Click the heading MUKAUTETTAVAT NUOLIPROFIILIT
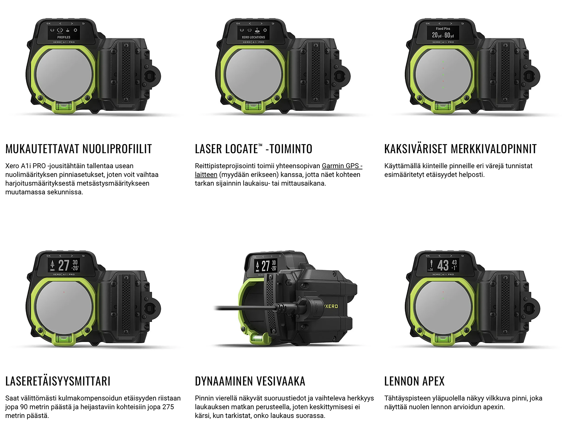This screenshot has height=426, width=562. tap(79, 149)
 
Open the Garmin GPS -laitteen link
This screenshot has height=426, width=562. tap(342, 166)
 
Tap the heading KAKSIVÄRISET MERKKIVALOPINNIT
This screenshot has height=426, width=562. tap(460, 149)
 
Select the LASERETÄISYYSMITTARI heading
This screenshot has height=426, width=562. tap(58, 381)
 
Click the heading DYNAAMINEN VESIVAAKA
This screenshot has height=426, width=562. tap(250, 381)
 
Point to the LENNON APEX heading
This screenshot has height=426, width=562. tap(414, 381)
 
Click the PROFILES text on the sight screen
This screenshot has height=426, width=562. tap(64, 37)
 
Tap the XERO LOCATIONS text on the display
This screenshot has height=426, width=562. tap(253, 37)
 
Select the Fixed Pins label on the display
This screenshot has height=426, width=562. tap(443, 29)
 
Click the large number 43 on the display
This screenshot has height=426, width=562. tap(443, 266)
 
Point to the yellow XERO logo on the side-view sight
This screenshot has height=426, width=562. tap(331, 306)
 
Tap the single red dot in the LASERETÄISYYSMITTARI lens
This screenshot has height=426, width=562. tap(64, 292)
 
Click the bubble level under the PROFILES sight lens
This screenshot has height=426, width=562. tap(64, 107)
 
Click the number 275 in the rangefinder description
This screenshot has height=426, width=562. tap(168, 407)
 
